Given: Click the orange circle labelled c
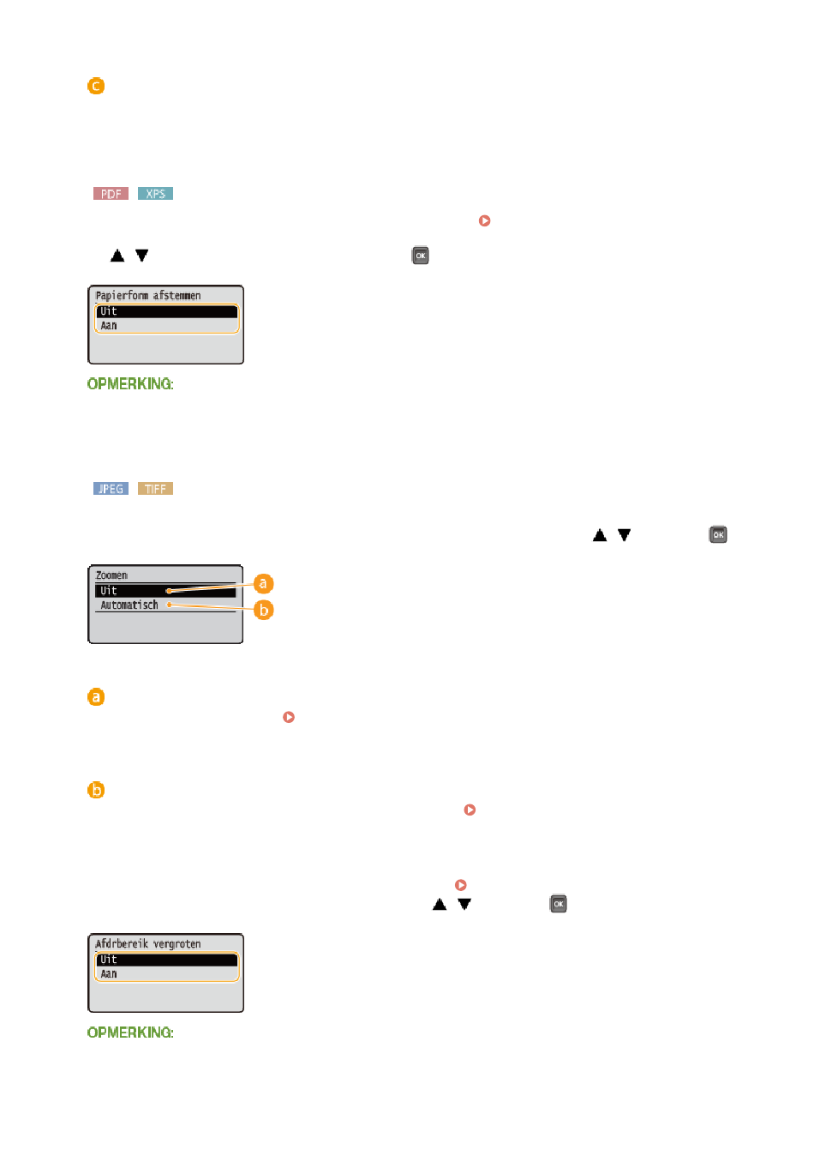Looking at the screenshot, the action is (96, 86).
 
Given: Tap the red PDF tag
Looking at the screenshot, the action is (111, 194).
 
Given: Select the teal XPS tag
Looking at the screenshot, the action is (155, 194).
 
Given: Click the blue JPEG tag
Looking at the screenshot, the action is (111, 489).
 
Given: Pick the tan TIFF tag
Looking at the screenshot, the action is (155, 489).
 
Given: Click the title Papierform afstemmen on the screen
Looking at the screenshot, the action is (147, 296).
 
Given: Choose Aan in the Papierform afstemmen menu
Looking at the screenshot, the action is (109, 326).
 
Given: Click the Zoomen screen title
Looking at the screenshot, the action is (111, 575).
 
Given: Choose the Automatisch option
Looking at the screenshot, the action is (129, 605).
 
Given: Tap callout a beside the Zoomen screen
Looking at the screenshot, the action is (263, 583).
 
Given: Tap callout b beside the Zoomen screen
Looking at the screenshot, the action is (263, 610).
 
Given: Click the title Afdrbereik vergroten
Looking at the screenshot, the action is (147, 943).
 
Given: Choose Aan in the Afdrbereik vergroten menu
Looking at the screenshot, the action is (109, 973).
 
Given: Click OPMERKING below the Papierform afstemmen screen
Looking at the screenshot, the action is (130, 383).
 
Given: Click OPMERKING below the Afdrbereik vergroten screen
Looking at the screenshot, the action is (130, 1032).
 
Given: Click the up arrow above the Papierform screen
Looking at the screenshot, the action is (117, 256).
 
